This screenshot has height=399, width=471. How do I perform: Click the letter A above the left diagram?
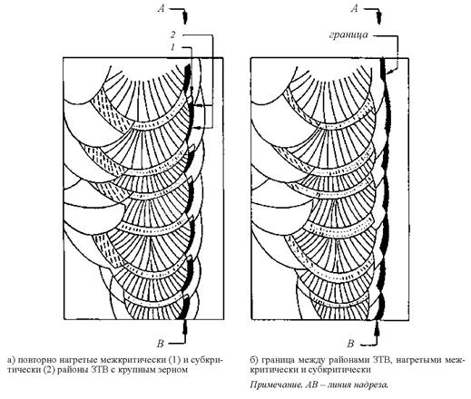tap(162, 9)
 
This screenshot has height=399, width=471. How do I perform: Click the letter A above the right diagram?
tap(355, 9)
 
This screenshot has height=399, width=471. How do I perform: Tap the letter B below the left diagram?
tap(160, 344)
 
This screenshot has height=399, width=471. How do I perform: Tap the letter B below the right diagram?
tap(350, 344)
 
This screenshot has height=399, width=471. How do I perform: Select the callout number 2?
tap(172, 34)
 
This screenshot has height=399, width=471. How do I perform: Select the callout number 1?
tap(172, 47)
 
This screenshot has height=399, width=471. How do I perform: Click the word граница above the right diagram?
tap(348, 34)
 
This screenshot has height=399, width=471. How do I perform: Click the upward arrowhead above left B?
tap(184, 326)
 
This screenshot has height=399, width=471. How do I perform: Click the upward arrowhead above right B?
tap(378, 327)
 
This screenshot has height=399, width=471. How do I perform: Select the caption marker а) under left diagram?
tap(11, 360)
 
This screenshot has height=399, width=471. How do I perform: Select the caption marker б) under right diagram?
tap(254, 360)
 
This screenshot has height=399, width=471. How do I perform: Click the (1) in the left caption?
tap(174, 360)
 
